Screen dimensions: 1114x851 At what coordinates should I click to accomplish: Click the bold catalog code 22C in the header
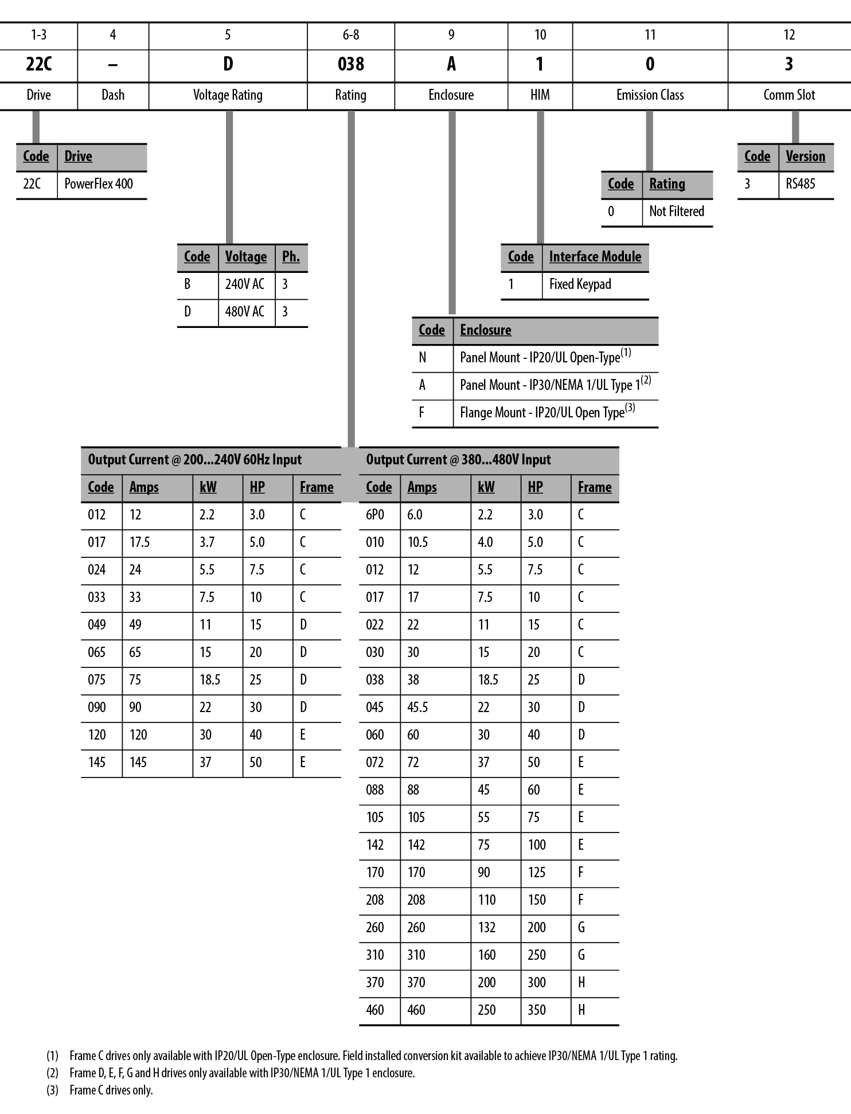coord(38,64)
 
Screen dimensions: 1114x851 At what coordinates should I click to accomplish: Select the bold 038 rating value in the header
coord(350,64)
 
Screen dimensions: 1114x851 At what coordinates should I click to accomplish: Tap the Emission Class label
coord(650,95)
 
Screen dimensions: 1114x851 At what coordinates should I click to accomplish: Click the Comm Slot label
coord(788,95)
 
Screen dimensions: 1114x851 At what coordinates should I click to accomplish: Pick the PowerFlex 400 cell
coord(99,184)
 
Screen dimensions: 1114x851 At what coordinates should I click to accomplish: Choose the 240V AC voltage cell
coord(245,284)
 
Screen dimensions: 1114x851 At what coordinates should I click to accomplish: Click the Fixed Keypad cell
coord(580,284)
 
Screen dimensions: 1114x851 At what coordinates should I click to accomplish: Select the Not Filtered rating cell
coord(676,212)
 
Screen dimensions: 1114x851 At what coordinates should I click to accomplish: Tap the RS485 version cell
coord(800,184)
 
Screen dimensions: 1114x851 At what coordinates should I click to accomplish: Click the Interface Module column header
coord(595,257)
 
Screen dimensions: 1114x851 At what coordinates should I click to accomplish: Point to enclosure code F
coord(421,413)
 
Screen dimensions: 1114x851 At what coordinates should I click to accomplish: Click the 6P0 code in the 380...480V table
coord(375,515)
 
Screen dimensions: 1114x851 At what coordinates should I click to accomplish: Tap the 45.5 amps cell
coord(417,708)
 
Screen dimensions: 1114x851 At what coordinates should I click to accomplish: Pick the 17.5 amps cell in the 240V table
coord(139,542)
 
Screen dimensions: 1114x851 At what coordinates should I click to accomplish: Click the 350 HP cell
coord(537,1010)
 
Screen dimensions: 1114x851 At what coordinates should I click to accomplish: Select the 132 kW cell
coord(486,928)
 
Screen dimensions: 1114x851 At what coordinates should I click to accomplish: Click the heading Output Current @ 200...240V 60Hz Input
coord(194,460)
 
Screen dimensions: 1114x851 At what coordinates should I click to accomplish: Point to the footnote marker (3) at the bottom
coord(52,1090)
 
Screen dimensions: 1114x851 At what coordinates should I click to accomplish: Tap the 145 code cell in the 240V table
coord(97,763)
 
